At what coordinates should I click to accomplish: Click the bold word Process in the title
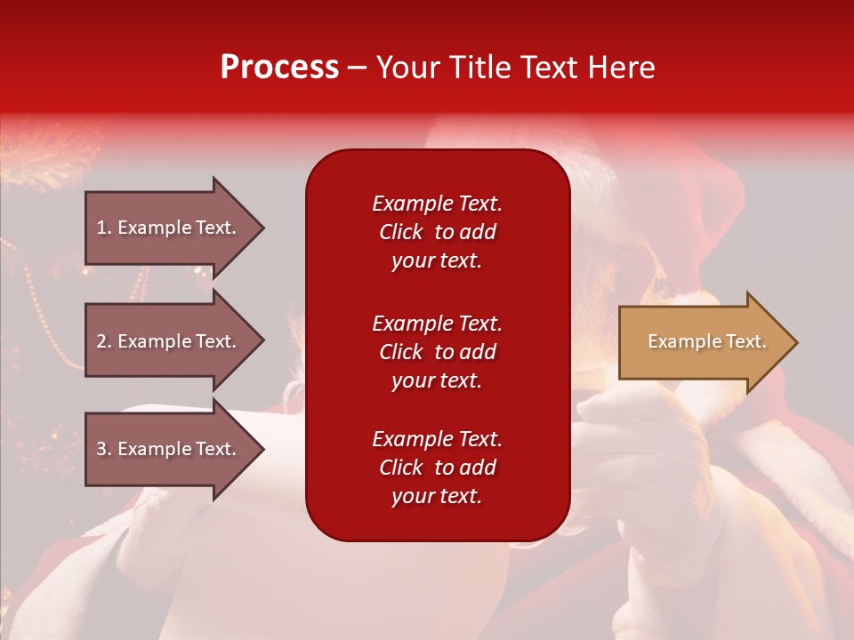(279, 68)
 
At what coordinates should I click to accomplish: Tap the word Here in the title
(622, 68)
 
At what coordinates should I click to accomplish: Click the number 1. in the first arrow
(104, 228)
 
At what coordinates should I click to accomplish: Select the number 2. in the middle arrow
(104, 341)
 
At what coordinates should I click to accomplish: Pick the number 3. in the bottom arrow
(104, 449)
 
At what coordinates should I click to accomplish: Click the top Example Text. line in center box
(437, 204)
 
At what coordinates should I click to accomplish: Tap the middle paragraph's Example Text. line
(437, 324)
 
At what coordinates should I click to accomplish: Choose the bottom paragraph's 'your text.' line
(437, 496)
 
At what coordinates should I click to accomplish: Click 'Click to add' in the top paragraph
(437, 232)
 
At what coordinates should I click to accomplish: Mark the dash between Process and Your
(357, 68)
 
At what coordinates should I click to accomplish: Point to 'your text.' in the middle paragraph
(437, 380)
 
